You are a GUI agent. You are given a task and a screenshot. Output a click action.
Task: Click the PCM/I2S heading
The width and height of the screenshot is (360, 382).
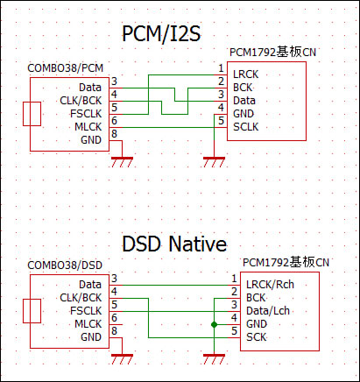click(161, 34)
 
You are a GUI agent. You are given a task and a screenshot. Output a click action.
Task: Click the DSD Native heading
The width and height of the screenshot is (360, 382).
click(174, 244)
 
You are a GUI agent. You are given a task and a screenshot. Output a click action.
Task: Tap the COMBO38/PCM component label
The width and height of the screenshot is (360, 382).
click(66, 68)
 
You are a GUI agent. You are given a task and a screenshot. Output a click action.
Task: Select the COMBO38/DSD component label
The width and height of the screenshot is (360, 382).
click(65, 265)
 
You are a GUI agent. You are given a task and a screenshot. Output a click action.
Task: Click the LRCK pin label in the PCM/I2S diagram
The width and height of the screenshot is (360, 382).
click(245, 74)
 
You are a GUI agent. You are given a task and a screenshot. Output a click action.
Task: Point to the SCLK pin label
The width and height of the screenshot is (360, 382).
click(245, 127)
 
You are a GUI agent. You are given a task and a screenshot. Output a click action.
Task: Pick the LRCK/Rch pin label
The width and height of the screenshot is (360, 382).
click(270, 285)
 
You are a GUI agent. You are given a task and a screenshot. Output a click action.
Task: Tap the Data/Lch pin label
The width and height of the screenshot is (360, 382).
click(268, 311)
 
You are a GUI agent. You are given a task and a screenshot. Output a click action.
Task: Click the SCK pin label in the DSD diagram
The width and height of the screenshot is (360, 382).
click(257, 337)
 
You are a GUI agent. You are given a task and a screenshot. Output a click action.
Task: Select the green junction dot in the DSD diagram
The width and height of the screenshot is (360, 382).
click(214, 324)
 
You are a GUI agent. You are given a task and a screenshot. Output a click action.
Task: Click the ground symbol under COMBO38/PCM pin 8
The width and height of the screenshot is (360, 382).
click(122, 162)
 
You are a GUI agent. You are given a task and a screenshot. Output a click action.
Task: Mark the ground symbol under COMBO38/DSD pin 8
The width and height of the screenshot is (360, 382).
click(122, 359)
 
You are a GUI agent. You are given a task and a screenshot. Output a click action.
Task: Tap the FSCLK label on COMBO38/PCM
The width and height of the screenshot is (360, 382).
click(86, 114)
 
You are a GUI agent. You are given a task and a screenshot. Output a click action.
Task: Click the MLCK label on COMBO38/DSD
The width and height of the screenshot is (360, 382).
click(88, 324)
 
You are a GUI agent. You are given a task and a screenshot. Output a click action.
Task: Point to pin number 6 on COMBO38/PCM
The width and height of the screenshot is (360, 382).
click(114, 121)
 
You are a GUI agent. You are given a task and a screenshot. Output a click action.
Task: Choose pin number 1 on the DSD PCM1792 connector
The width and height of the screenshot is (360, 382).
click(234, 279)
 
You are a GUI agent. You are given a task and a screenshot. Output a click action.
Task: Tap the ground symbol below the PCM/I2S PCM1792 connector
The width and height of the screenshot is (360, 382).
click(214, 162)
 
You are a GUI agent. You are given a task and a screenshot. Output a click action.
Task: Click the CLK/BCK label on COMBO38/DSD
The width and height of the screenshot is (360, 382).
click(81, 298)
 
